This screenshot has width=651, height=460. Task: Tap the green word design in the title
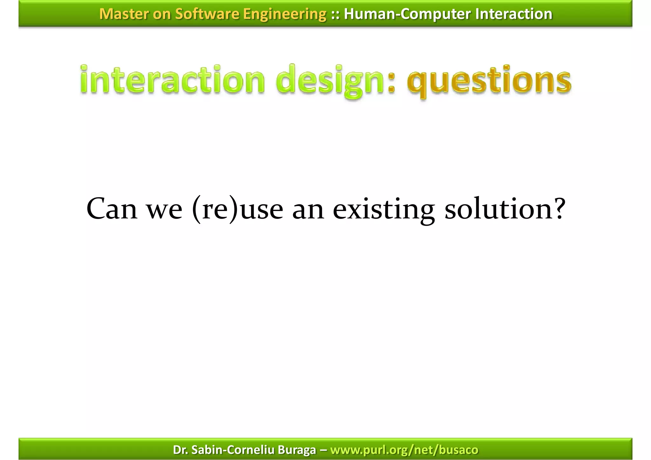click(330, 80)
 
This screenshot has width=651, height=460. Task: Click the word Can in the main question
click(112, 209)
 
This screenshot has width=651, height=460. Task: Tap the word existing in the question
click(384, 209)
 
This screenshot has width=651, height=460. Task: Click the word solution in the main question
click(497, 209)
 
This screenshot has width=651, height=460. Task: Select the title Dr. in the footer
click(180, 450)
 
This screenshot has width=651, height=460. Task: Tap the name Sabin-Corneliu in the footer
click(233, 450)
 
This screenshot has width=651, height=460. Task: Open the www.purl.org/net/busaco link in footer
click(404, 450)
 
